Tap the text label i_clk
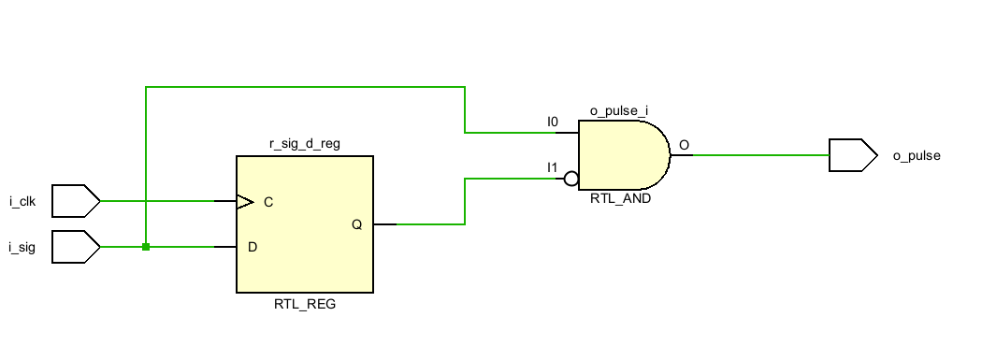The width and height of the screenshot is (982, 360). pos(22,201)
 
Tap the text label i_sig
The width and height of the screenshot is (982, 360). pos(22,248)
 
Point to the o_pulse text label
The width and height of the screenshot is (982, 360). pos(917,156)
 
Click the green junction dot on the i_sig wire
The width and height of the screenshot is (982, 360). pos(146,247)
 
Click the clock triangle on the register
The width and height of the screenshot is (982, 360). pos(245,201)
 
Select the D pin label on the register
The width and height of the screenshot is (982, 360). pos(252,248)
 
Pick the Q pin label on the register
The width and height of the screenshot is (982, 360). pos(356,224)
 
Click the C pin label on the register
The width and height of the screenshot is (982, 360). pos(268,202)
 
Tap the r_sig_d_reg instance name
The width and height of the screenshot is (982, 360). pos(304,144)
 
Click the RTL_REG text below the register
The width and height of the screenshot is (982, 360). pos(304,304)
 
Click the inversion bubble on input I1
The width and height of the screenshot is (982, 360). pos(571,178)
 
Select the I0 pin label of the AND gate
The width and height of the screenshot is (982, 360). pos(553,122)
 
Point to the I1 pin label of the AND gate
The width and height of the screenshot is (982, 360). pos(553,166)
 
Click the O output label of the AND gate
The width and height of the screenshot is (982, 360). pos(684,145)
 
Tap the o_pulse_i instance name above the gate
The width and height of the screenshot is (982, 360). pos(619,111)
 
